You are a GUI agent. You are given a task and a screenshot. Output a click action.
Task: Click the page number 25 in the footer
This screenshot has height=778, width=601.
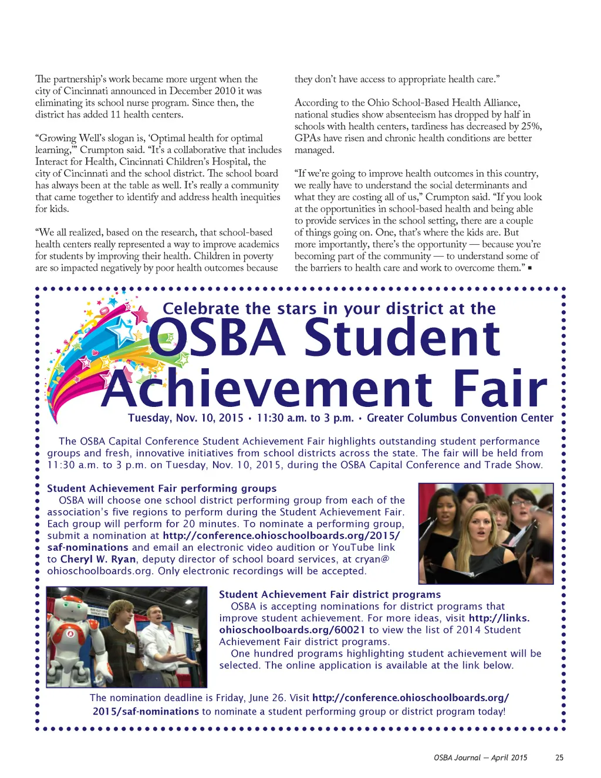pos(559,757)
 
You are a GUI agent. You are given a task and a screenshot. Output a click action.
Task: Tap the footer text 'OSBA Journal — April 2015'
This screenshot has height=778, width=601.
pos(480,757)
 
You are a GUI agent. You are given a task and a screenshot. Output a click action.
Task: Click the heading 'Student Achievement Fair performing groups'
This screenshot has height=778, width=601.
pos(161,489)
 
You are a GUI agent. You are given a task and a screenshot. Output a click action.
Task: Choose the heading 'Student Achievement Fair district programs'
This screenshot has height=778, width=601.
pos(330,594)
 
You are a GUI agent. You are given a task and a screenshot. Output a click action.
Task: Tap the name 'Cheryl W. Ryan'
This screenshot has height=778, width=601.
pos(98,559)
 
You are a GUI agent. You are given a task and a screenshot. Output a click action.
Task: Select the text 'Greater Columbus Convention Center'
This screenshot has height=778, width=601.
pos(460,418)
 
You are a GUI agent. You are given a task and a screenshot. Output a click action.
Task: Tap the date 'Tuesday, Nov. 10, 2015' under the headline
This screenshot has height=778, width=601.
pos(185,418)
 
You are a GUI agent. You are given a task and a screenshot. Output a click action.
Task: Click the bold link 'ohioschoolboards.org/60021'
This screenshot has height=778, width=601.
pos(292,630)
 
